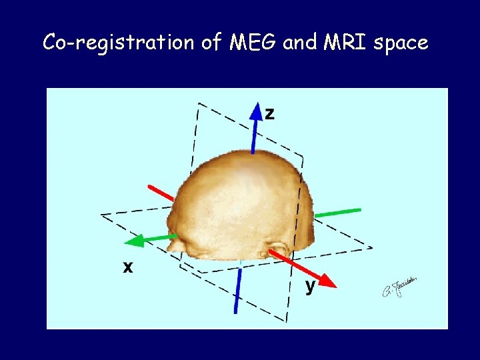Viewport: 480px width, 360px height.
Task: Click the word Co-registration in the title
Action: [x=118, y=43]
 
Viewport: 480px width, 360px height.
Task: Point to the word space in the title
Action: [x=401, y=43]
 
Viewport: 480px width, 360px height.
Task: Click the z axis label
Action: [x=269, y=113]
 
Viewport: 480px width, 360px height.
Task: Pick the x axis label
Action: [x=127, y=267]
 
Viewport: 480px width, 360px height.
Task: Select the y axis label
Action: [x=310, y=287]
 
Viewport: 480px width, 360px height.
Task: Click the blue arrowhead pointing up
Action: [x=256, y=111]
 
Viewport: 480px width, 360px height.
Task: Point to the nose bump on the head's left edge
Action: [x=174, y=245]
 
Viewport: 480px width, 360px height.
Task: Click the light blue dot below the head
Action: [x=240, y=265]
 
